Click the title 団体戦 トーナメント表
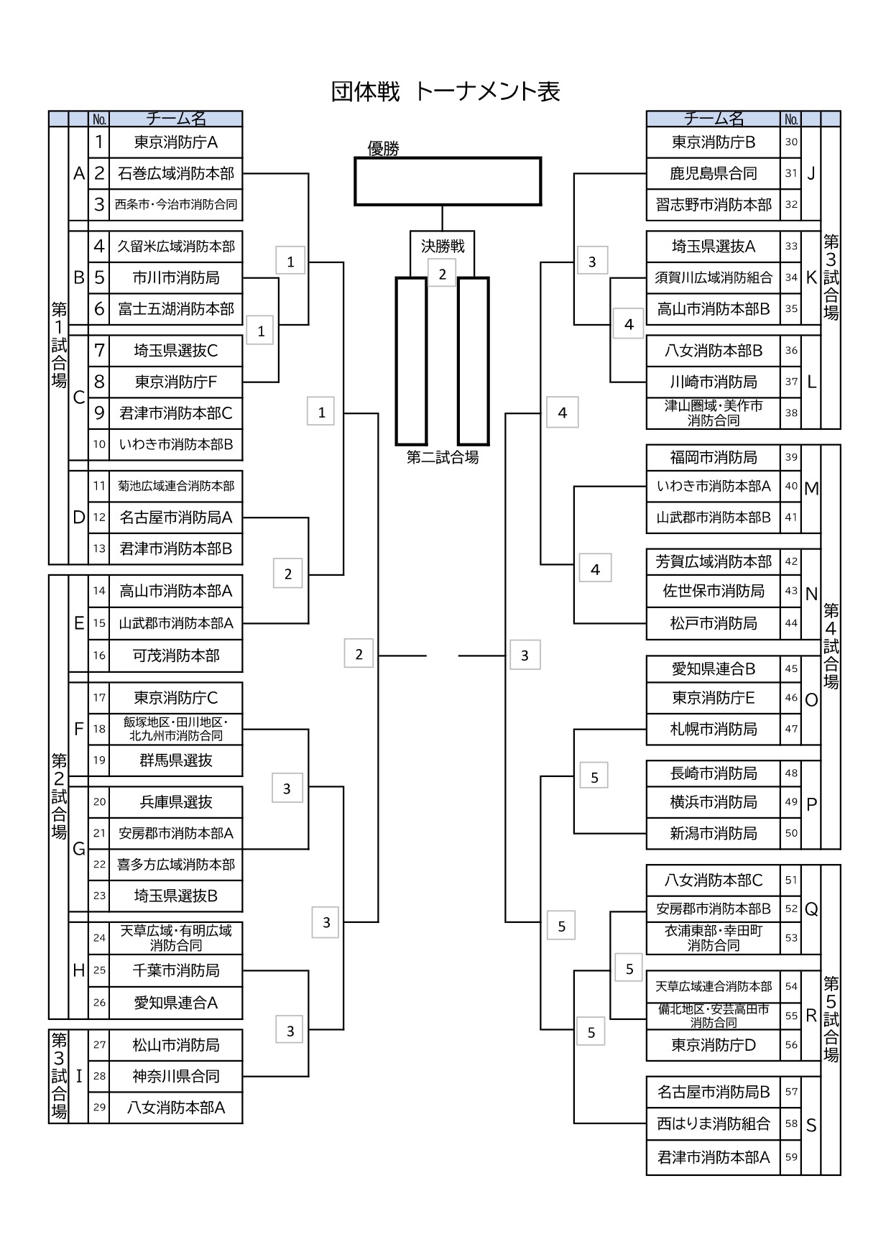[x=445, y=92]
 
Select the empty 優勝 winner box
[x=447, y=182]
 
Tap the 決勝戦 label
[x=443, y=247]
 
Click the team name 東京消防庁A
[x=175, y=142]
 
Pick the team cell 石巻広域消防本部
[x=175, y=173]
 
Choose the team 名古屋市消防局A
[x=175, y=518]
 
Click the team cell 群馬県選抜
[x=175, y=760]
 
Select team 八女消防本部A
[x=175, y=1108]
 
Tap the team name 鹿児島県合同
[x=713, y=173]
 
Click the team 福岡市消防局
[x=713, y=458]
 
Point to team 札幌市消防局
[x=713, y=730]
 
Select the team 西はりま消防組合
[x=713, y=1123]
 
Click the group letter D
[x=79, y=518]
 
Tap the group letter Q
[x=811, y=909]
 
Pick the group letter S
[x=811, y=1126]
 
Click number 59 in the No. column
[x=791, y=1157]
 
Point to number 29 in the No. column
[x=99, y=1108]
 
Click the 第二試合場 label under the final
[x=443, y=457]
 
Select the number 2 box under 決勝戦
[x=442, y=274]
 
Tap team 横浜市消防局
[x=713, y=802]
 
